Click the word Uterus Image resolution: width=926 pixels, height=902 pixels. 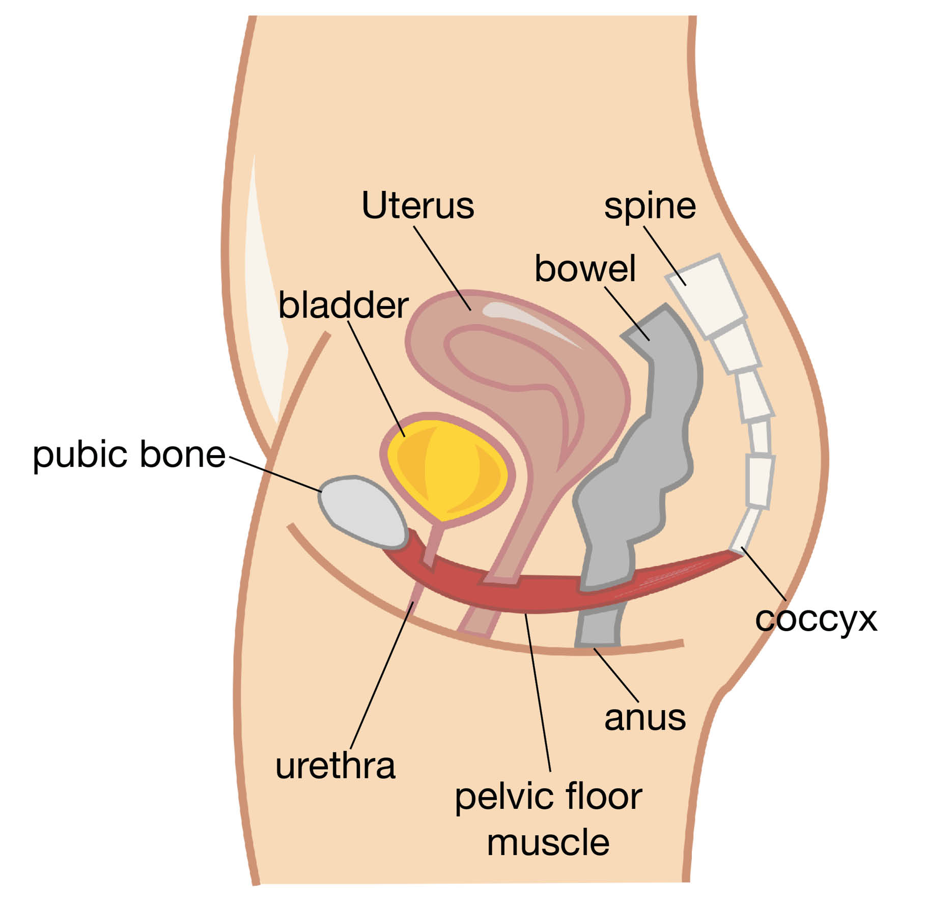(x=417, y=206)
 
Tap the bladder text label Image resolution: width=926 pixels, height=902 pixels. (x=343, y=305)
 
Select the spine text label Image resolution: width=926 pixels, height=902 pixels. (x=650, y=207)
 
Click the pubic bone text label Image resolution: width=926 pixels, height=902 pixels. (x=129, y=455)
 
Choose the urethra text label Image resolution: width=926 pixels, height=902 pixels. (x=335, y=766)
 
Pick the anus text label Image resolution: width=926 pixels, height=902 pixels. (x=644, y=718)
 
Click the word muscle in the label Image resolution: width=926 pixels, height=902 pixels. (x=548, y=842)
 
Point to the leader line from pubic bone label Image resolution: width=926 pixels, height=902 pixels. (x=275, y=474)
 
